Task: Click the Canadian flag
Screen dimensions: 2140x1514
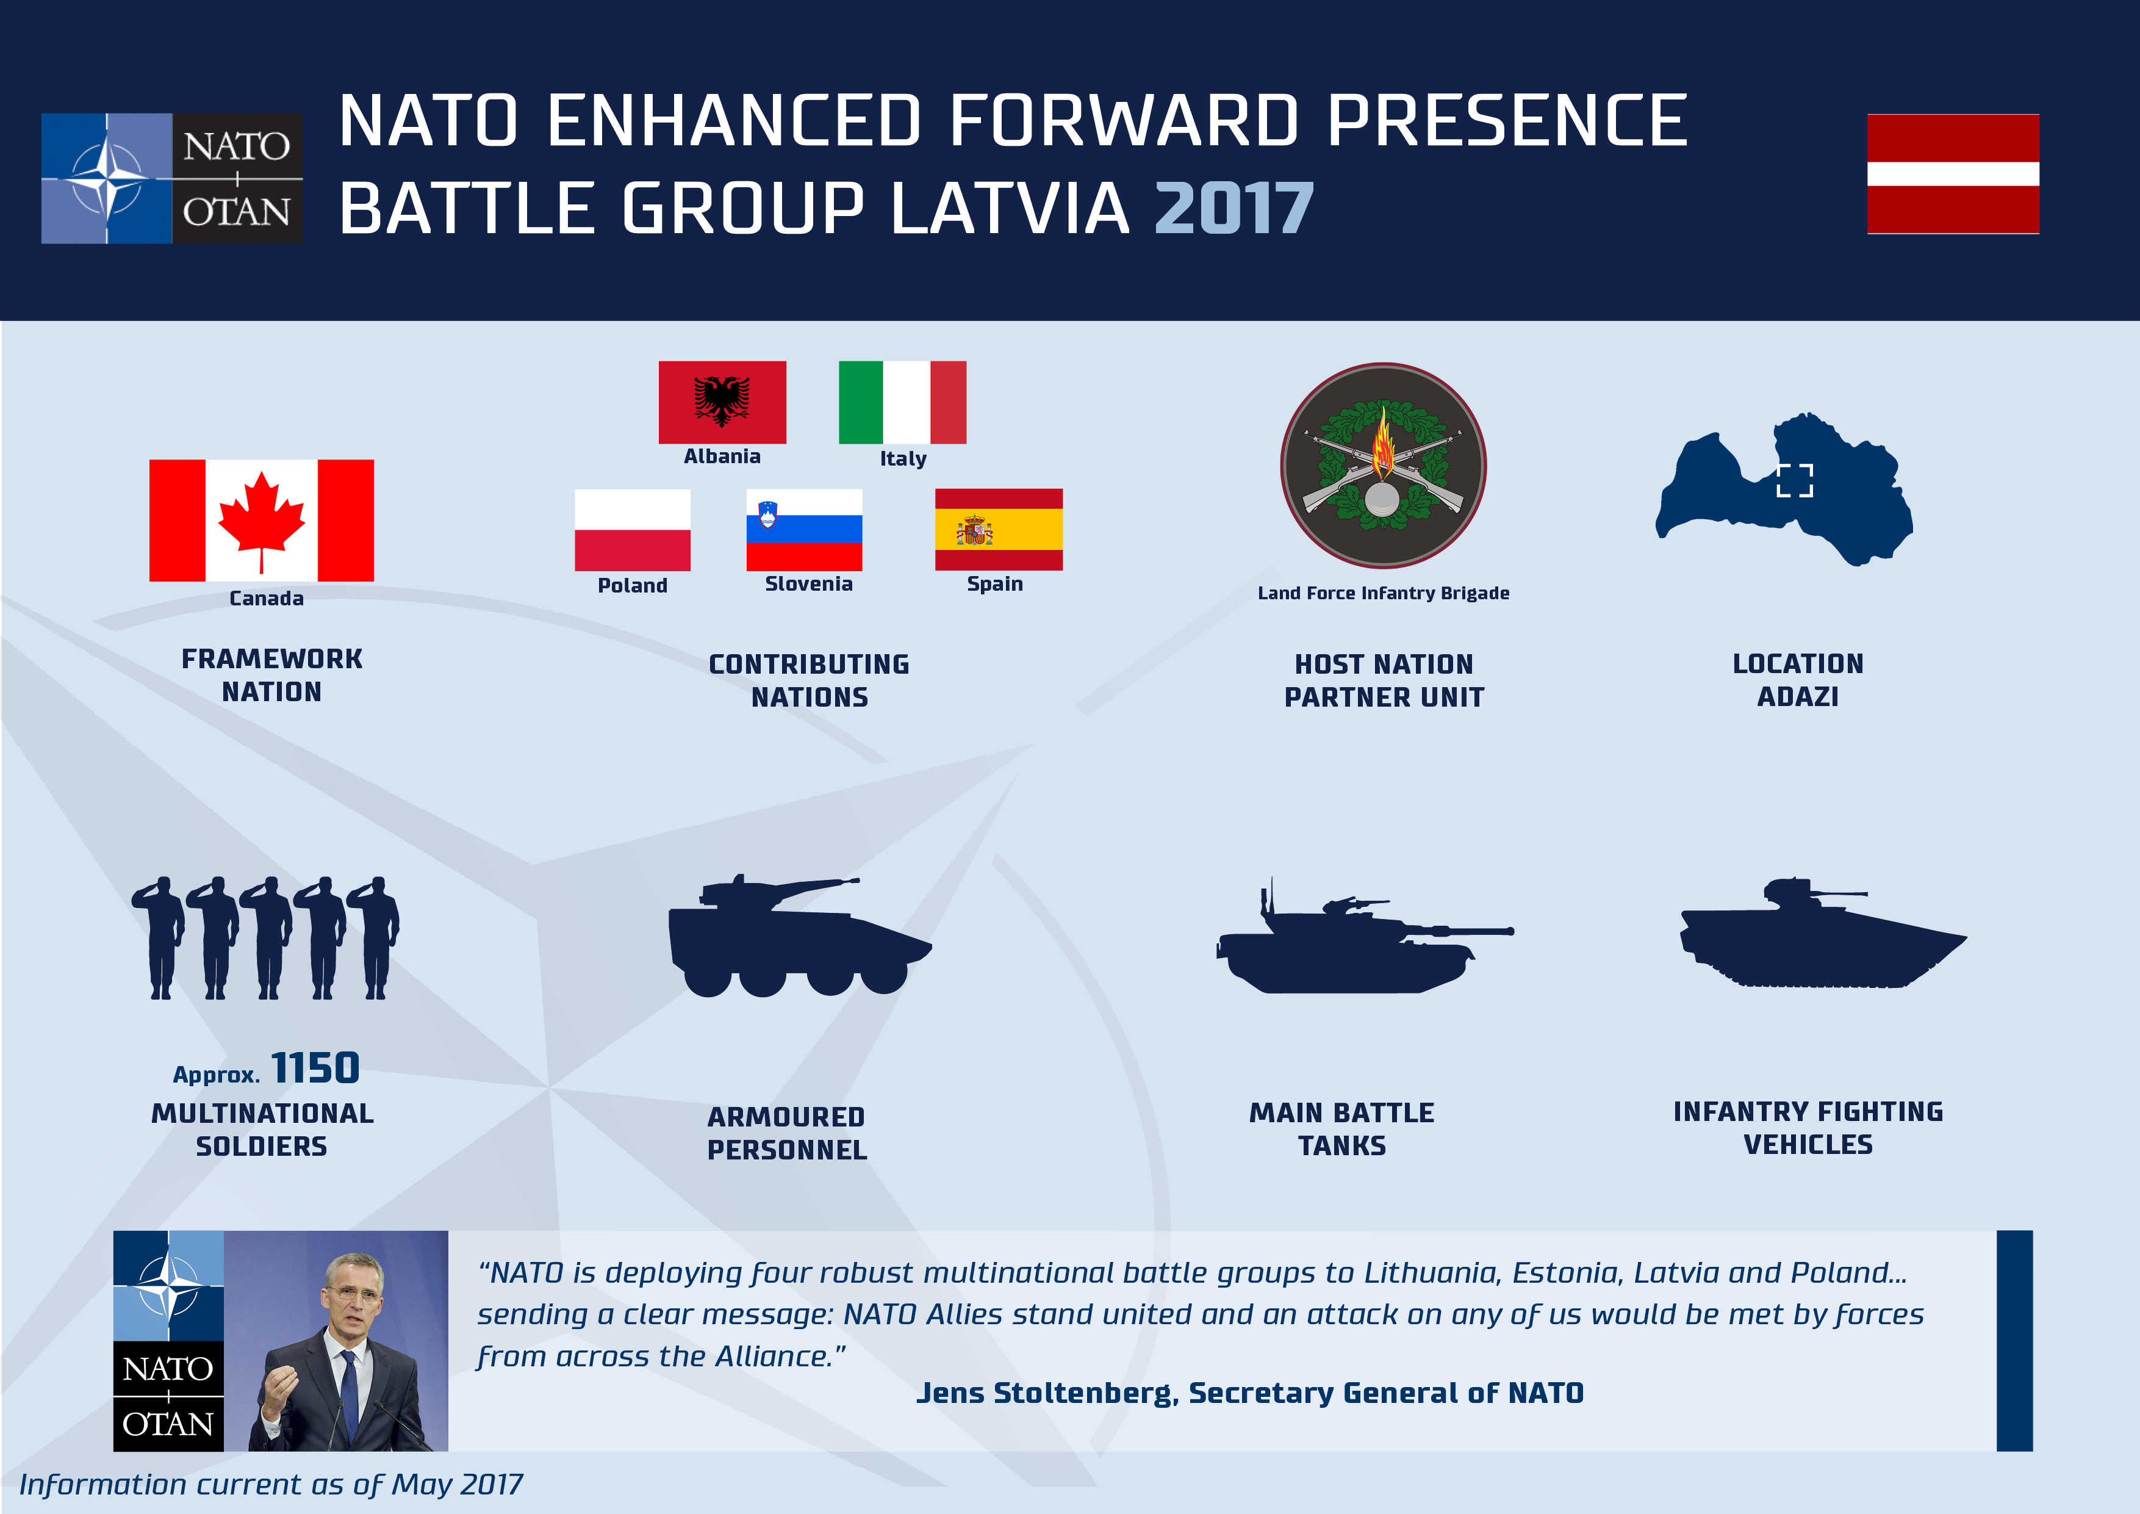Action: (261, 520)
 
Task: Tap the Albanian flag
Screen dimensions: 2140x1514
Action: (722, 402)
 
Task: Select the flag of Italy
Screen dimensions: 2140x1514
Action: (902, 402)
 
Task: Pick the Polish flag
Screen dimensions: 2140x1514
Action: (633, 530)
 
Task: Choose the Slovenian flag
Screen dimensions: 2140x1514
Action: (805, 530)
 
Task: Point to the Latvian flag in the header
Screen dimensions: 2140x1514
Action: (1953, 173)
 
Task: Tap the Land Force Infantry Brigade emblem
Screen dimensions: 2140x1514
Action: (1383, 465)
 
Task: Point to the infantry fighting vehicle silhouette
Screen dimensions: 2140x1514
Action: (1822, 932)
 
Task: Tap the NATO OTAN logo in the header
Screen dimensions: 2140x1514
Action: (173, 178)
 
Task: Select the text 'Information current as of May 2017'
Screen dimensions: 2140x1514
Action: (271, 1484)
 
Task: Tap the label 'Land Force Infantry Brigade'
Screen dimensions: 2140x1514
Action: (1383, 593)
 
